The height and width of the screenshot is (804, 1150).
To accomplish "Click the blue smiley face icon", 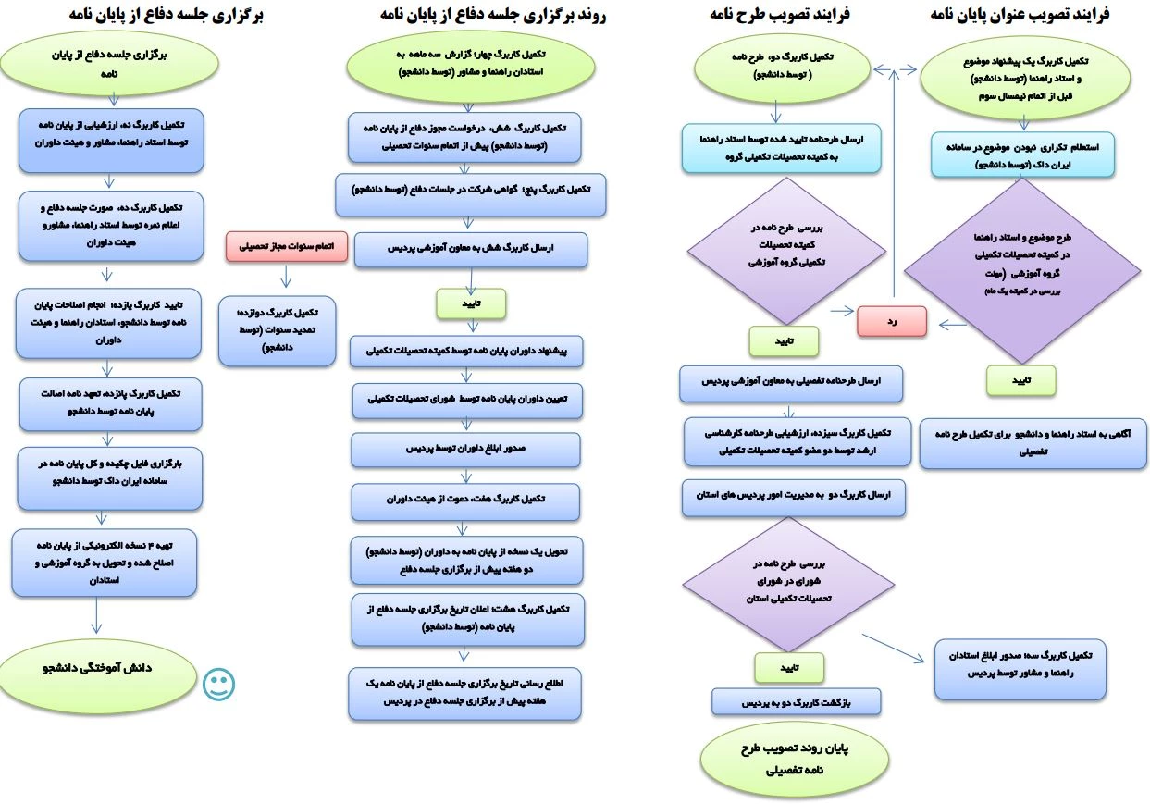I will [x=219, y=684].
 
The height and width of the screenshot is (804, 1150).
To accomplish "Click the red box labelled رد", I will [x=891, y=321].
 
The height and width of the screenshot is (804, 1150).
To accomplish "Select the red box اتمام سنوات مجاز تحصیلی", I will [x=286, y=247].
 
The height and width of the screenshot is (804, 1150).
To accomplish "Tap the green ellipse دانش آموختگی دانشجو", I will [x=96, y=668].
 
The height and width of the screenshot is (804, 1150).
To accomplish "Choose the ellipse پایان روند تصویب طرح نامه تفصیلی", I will [x=797, y=757].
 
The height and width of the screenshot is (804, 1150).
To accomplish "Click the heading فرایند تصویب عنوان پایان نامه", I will [x=1020, y=15].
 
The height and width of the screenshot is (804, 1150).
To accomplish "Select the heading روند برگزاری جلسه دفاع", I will [x=492, y=15].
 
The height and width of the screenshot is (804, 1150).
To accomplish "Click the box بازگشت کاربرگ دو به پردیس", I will [x=796, y=701].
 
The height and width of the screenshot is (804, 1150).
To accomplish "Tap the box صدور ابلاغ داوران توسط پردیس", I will [x=466, y=449].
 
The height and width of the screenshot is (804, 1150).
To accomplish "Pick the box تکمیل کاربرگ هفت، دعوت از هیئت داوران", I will [x=466, y=501].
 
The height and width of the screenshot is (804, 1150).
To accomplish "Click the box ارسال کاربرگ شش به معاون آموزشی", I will [x=470, y=250].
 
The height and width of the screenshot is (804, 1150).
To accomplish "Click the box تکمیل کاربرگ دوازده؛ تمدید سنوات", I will [x=278, y=330].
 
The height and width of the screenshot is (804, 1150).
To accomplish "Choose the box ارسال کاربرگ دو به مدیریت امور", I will [x=793, y=497].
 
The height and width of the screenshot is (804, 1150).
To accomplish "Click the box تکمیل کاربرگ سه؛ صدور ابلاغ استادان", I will [x=1020, y=669].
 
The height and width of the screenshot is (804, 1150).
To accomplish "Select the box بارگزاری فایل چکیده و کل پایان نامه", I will [x=109, y=478].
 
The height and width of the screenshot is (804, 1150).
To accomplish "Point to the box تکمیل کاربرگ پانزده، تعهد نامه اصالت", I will [x=110, y=403].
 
